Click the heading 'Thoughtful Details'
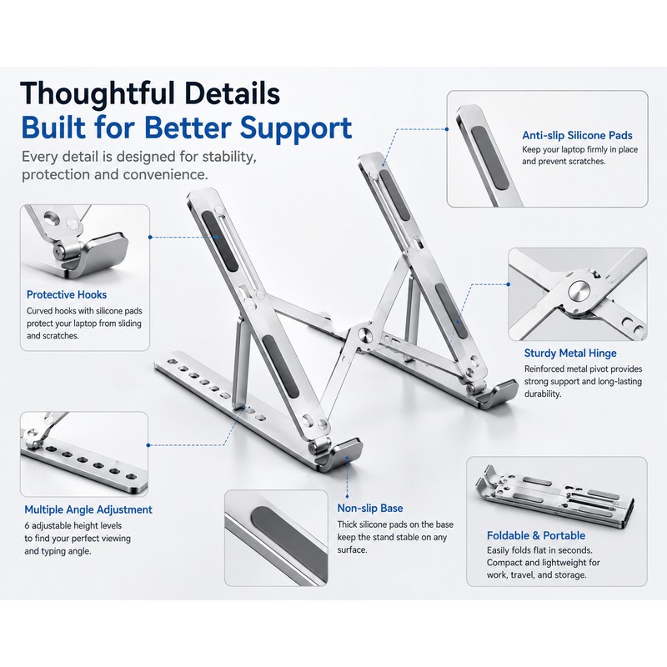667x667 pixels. click(150, 93)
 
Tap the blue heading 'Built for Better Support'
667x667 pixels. click(187, 128)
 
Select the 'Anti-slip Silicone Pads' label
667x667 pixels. click(577, 136)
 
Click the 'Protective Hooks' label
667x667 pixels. click(67, 295)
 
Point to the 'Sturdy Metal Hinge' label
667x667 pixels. click(570, 353)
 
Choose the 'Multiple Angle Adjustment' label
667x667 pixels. click(88, 509)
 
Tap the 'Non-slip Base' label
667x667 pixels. click(370, 509)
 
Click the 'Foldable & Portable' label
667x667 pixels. click(536, 535)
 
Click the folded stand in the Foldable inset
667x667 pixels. click(554, 494)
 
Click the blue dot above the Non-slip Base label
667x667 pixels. click(347, 496)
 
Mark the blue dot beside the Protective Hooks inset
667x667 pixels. click(150, 237)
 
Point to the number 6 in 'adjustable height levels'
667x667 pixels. click(27, 526)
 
